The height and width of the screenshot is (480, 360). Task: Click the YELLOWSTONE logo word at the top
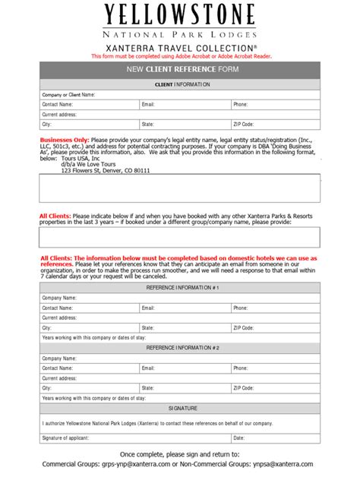click(180, 15)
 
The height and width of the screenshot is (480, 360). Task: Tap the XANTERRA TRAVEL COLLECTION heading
click(180, 48)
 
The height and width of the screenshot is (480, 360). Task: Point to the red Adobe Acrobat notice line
click(180, 56)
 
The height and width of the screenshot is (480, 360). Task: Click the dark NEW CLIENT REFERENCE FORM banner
click(180, 71)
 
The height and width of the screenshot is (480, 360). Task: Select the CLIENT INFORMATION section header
click(180, 84)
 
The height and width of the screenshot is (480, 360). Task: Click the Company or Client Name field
click(197, 94)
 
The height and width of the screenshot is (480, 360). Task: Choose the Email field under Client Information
click(190, 104)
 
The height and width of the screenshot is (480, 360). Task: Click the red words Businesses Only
click(65, 141)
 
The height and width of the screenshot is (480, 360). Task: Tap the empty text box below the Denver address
click(180, 188)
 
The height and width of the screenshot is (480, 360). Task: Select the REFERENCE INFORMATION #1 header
click(180, 288)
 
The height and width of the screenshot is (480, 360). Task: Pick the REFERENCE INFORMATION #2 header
click(180, 347)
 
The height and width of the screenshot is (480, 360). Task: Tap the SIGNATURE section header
click(180, 408)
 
